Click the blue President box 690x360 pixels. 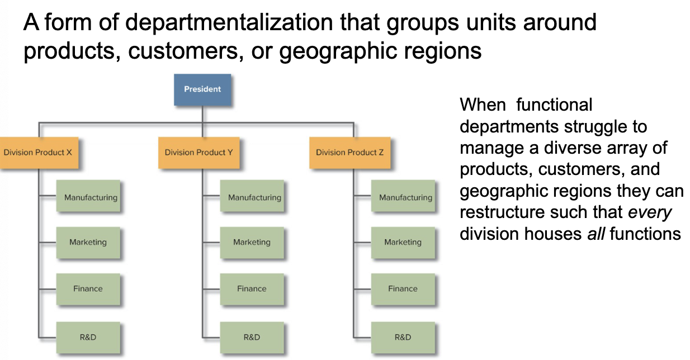click(x=202, y=89)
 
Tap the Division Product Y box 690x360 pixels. click(x=199, y=152)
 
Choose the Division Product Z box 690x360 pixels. click(x=350, y=152)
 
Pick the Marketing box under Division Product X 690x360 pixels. click(x=88, y=242)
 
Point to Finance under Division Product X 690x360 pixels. click(x=88, y=288)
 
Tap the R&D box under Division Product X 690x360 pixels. click(x=88, y=337)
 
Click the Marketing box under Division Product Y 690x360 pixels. click(x=252, y=242)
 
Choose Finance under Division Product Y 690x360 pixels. click(x=252, y=288)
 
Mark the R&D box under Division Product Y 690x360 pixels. click(x=252, y=337)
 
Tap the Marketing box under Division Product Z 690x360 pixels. click(x=403, y=242)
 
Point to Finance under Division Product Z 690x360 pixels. click(x=403, y=288)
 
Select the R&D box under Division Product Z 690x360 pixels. click(x=403, y=337)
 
